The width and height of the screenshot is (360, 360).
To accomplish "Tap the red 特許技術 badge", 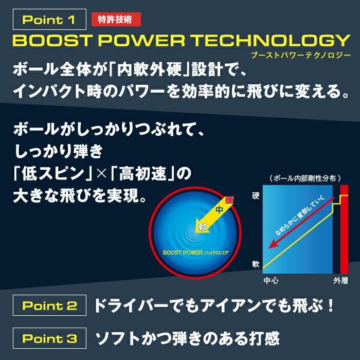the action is click(116, 20).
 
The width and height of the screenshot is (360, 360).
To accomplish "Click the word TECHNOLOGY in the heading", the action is click(271, 41).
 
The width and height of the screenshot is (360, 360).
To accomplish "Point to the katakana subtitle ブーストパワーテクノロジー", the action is click(301, 56).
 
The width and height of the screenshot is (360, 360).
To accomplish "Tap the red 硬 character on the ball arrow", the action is click(229, 201).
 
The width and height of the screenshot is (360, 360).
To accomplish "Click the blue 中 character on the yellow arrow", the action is click(220, 210).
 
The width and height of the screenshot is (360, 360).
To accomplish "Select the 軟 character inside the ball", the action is click(203, 227).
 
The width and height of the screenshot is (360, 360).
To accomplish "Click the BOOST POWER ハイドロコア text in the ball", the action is click(195, 253).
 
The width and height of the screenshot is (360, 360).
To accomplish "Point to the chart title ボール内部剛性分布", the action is click(305, 178).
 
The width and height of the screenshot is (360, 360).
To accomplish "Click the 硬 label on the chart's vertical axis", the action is click(256, 195).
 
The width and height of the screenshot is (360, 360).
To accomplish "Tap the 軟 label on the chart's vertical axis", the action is click(256, 264).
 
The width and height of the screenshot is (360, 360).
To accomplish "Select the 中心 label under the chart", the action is click(271, 281).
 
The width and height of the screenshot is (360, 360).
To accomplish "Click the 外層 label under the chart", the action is click(340, 281).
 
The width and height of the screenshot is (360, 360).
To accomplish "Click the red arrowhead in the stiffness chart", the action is click(273, 245).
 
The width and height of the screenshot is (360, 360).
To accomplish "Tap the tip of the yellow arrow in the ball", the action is click(195, 232).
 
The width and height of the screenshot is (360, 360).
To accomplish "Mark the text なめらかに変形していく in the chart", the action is click(300, 215).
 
